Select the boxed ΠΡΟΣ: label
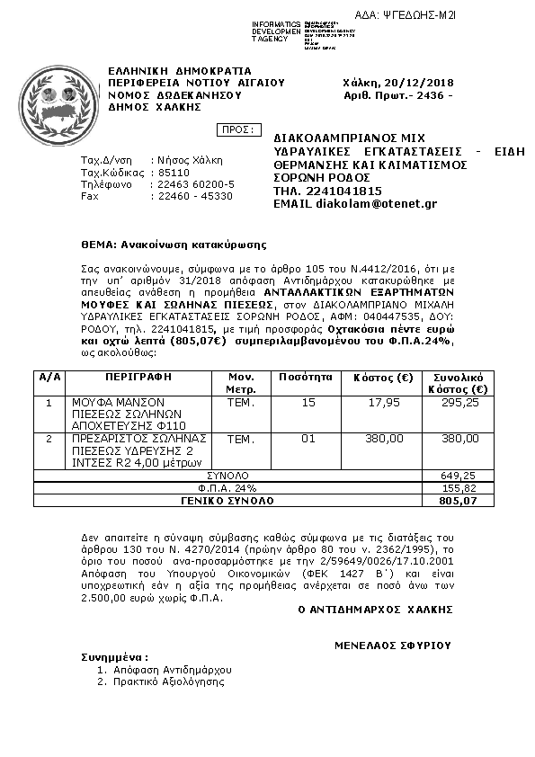pyautogui.click(x=238, y=129)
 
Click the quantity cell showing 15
pyautogui.click(x=309, y=403)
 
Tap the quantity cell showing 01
pyautogui.click(x=309, y=438)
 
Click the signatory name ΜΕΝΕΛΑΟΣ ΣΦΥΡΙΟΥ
pyautogui.click(x=392, y=645)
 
